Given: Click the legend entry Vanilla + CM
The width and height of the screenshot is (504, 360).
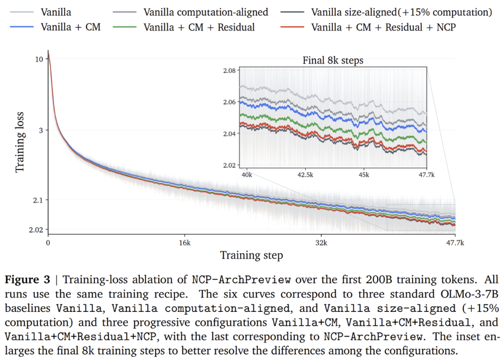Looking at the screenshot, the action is coord(71,27).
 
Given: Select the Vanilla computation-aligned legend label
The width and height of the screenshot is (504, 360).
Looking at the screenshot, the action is coord(206,12).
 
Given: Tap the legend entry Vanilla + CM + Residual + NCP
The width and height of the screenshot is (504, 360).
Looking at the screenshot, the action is coord(384,27).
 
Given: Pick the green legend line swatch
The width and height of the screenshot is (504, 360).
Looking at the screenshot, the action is coord(125,27).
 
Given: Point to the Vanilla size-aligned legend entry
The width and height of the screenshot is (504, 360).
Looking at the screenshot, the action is coord(402,12).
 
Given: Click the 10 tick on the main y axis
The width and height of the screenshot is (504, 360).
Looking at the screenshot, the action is coord(39,59).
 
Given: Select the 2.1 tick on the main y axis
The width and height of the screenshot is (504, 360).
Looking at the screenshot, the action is coord(38,200).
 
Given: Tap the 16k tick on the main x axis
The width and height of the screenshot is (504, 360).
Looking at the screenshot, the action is coord(185,243).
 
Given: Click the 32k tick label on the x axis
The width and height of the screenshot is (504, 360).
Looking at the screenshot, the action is coord(321,243).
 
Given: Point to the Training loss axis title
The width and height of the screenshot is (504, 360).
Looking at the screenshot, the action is coord(20,142).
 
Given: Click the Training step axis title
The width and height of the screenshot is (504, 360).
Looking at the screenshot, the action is coord(252,255).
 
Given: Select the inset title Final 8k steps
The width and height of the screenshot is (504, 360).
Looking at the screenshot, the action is coord(333,61).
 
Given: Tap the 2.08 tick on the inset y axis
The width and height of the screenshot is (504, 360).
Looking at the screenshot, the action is coord(230,71).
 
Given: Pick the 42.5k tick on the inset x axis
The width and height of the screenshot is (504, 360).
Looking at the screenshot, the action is coord(305,175).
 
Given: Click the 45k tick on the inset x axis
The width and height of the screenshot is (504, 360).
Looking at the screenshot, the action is coord(364,175).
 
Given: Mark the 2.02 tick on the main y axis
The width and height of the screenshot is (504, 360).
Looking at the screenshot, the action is coord(35,230).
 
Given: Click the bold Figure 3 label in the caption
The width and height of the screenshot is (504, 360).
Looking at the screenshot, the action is coord(28,280).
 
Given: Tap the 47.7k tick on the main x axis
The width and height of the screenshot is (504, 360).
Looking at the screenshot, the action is coord(455,243).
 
